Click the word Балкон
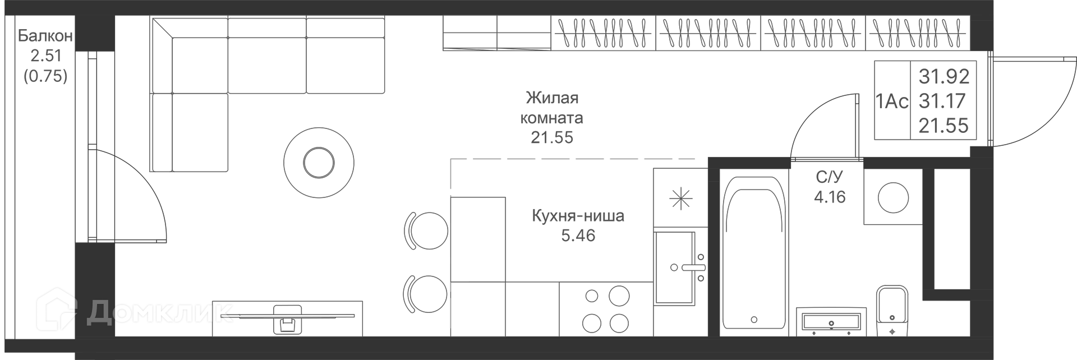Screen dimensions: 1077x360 [45, 36]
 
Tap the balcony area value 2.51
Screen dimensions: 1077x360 [45, 56]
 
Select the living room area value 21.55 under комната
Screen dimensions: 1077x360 [552, 137]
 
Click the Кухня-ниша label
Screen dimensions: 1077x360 [578, 216]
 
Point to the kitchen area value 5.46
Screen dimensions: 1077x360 [578, 236]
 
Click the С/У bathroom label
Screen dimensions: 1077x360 [829, 177]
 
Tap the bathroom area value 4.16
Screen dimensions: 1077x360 [830, 197]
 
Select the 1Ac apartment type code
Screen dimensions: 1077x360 [892, 101]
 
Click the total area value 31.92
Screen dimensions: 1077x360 [943, 76]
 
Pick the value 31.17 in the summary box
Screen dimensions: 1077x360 [942, 101]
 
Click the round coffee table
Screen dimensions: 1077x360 [319, 163]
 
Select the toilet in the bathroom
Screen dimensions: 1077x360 [892, 312]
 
